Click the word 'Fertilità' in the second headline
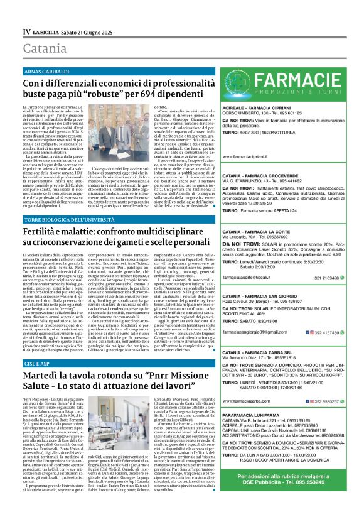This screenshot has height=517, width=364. tap(45, 231)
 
